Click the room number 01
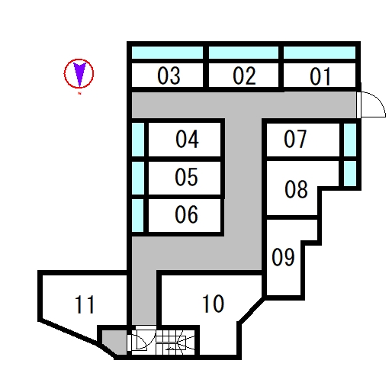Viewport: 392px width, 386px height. pos(320,76)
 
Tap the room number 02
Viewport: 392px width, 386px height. pos(244,76)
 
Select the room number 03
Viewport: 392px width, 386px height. pos(169,76)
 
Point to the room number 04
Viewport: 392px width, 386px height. pos(187,139)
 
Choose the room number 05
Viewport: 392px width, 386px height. pos(186,177)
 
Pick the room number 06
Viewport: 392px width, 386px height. pos(186,214)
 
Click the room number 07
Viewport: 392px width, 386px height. pos(295,139)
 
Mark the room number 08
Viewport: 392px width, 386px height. pos(296,189)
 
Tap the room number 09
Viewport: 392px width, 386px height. pos(283,257)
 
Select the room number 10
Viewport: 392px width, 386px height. pos(213,304)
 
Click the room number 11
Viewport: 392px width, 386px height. pos(85,304)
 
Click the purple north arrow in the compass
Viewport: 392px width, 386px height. pos(79,74)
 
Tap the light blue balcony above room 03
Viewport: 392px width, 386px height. pos(167,53)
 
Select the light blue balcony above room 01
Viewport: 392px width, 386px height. pos(320,53)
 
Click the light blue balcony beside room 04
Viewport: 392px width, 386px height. pos(138,140)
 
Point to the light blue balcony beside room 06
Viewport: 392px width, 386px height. pos(138,215)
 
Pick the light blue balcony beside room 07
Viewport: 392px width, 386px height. pos(350,140)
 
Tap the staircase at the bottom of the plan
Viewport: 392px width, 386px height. pos(175,343)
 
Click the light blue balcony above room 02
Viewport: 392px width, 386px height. pos(243,53)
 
